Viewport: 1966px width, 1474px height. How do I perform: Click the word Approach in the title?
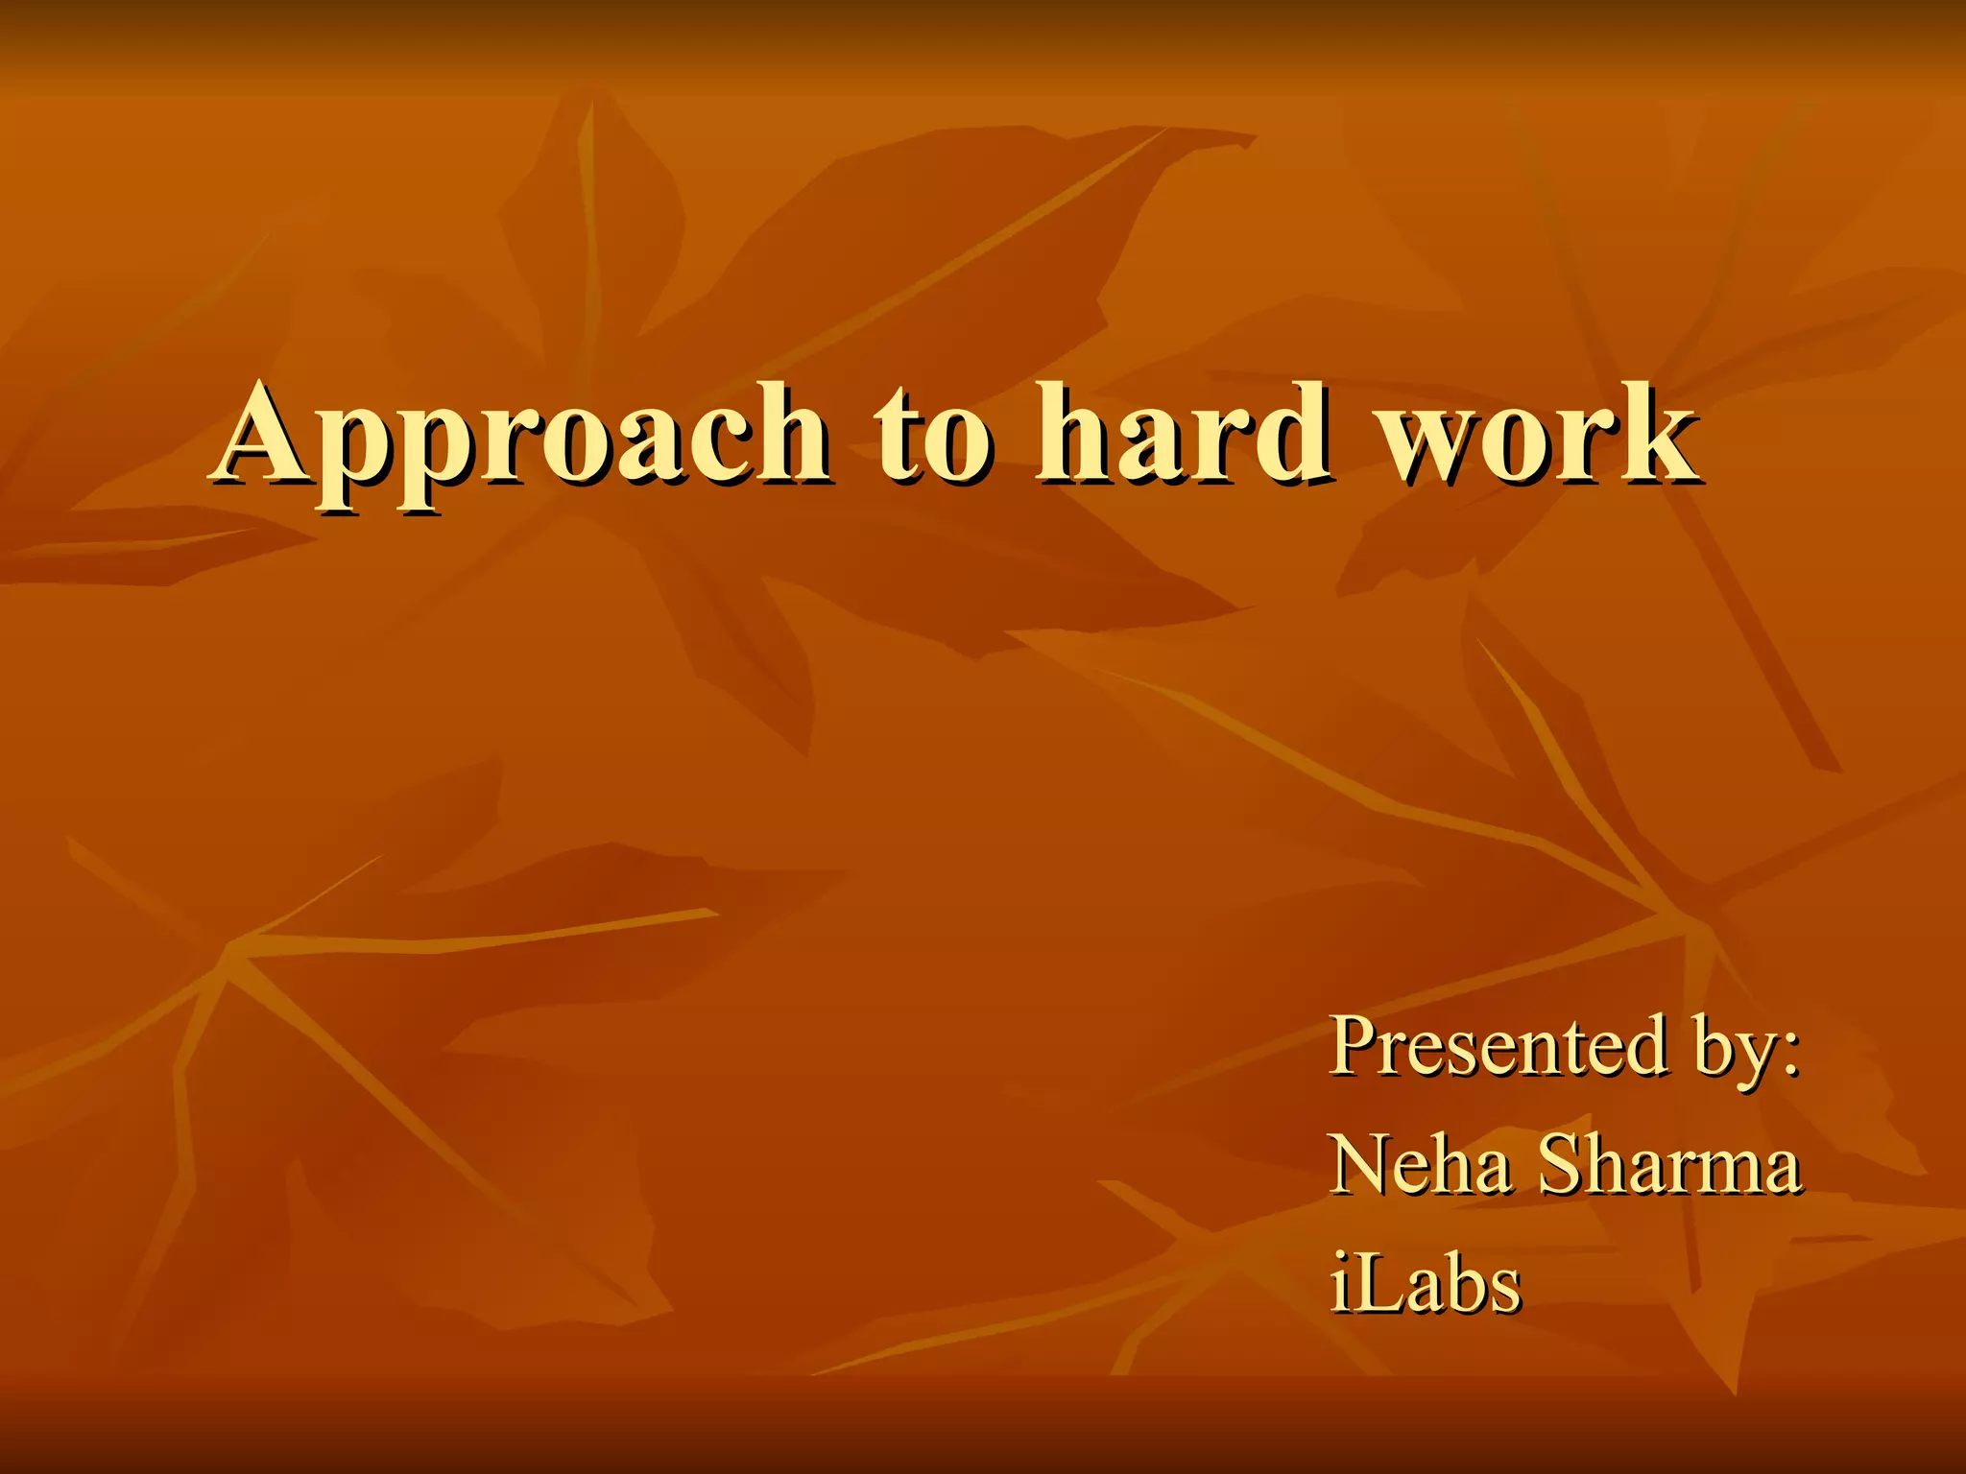click(523, 437)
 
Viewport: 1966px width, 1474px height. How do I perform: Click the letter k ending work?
click(1656, 432)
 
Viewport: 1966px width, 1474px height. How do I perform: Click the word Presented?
click(1498, 1046)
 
